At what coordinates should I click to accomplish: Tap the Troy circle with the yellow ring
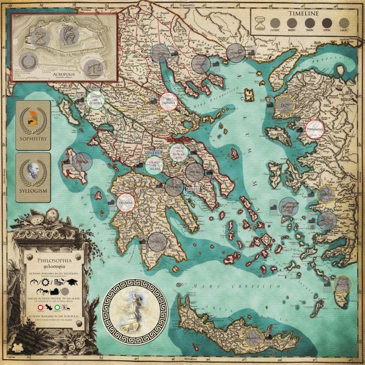coord(283,106)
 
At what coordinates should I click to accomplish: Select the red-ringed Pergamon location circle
coord(314,128)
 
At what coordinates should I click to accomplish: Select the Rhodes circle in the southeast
coord(344,284)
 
